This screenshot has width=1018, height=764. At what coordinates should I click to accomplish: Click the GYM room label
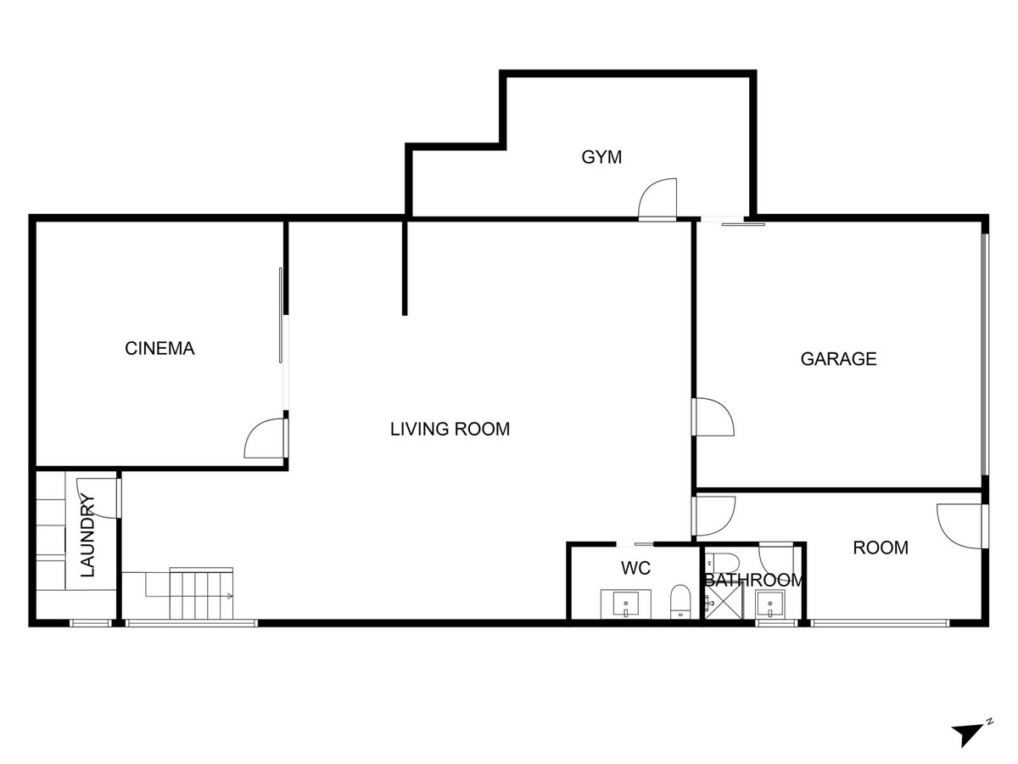(601, 157)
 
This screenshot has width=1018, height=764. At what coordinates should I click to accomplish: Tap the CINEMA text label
(159, 349)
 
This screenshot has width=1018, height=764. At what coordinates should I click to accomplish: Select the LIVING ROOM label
(450, 429)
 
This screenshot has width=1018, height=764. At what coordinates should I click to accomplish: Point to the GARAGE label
(838, 359)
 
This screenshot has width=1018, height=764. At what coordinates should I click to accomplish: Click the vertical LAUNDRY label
(87, 536)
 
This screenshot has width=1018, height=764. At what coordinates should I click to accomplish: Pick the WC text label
(635, 568)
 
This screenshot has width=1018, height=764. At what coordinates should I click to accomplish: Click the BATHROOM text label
(753, 581)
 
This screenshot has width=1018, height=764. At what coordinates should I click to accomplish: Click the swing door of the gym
(657, 199)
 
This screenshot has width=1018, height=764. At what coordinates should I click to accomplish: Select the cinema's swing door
(266, 438)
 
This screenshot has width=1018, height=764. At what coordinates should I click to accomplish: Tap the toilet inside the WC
(680, 602)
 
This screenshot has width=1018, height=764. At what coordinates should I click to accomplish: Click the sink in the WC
(625, 604)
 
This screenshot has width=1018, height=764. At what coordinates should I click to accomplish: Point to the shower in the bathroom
(724, 600)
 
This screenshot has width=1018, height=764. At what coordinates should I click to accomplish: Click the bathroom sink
(770, 604)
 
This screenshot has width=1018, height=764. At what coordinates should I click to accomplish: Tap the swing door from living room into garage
(713, 417)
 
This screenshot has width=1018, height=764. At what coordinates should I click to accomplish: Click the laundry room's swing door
(98, 497)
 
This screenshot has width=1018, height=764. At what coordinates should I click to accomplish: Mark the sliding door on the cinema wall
(281, 316)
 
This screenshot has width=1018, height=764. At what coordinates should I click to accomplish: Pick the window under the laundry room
(91, 623)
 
